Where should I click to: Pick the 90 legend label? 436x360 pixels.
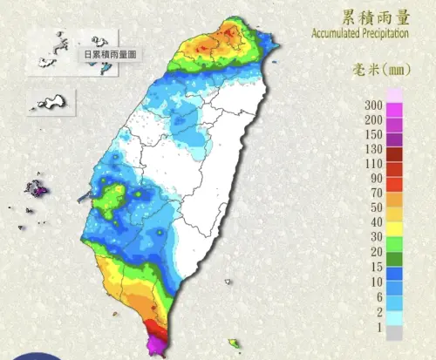tap(376, 178)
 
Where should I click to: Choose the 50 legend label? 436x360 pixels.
tap(376, 207)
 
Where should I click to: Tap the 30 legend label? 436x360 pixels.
tap(376, 237)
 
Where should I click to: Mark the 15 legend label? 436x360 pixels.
tap(376, 266)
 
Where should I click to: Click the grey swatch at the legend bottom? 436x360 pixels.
tap(394, 332)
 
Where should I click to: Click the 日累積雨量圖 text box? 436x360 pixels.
tap(110, 54)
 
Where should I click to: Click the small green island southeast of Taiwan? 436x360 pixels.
tap(234, 343)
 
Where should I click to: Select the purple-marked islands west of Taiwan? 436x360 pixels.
tap(37, 187)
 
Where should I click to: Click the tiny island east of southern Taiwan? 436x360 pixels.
tap(228, 282)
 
